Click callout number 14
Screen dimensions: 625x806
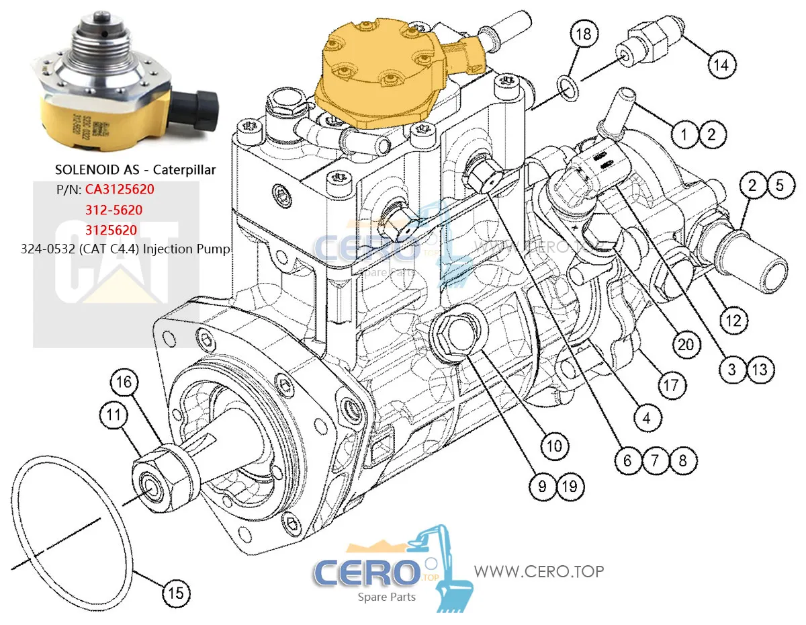[x=720, y=65]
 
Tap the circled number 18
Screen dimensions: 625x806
[x=584, y=34]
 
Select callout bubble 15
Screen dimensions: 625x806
[x=175, y=593]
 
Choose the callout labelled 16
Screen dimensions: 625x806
[x=125, y=383]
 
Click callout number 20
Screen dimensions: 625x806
[x=685, y=345]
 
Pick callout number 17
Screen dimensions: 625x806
[x=671, y=386]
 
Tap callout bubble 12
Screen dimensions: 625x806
[x=733, y=321]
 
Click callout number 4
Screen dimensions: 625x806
[x=645, y=419]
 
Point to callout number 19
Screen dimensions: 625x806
[x=570, y=486]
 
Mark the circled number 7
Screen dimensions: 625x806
[x=655, y=460]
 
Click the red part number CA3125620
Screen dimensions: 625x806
[x=120, y=190]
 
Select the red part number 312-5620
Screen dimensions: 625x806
[x=113, y=210]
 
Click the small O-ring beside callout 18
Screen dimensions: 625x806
[x=567, y=85]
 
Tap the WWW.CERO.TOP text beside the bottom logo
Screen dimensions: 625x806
[x=539, y=571]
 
